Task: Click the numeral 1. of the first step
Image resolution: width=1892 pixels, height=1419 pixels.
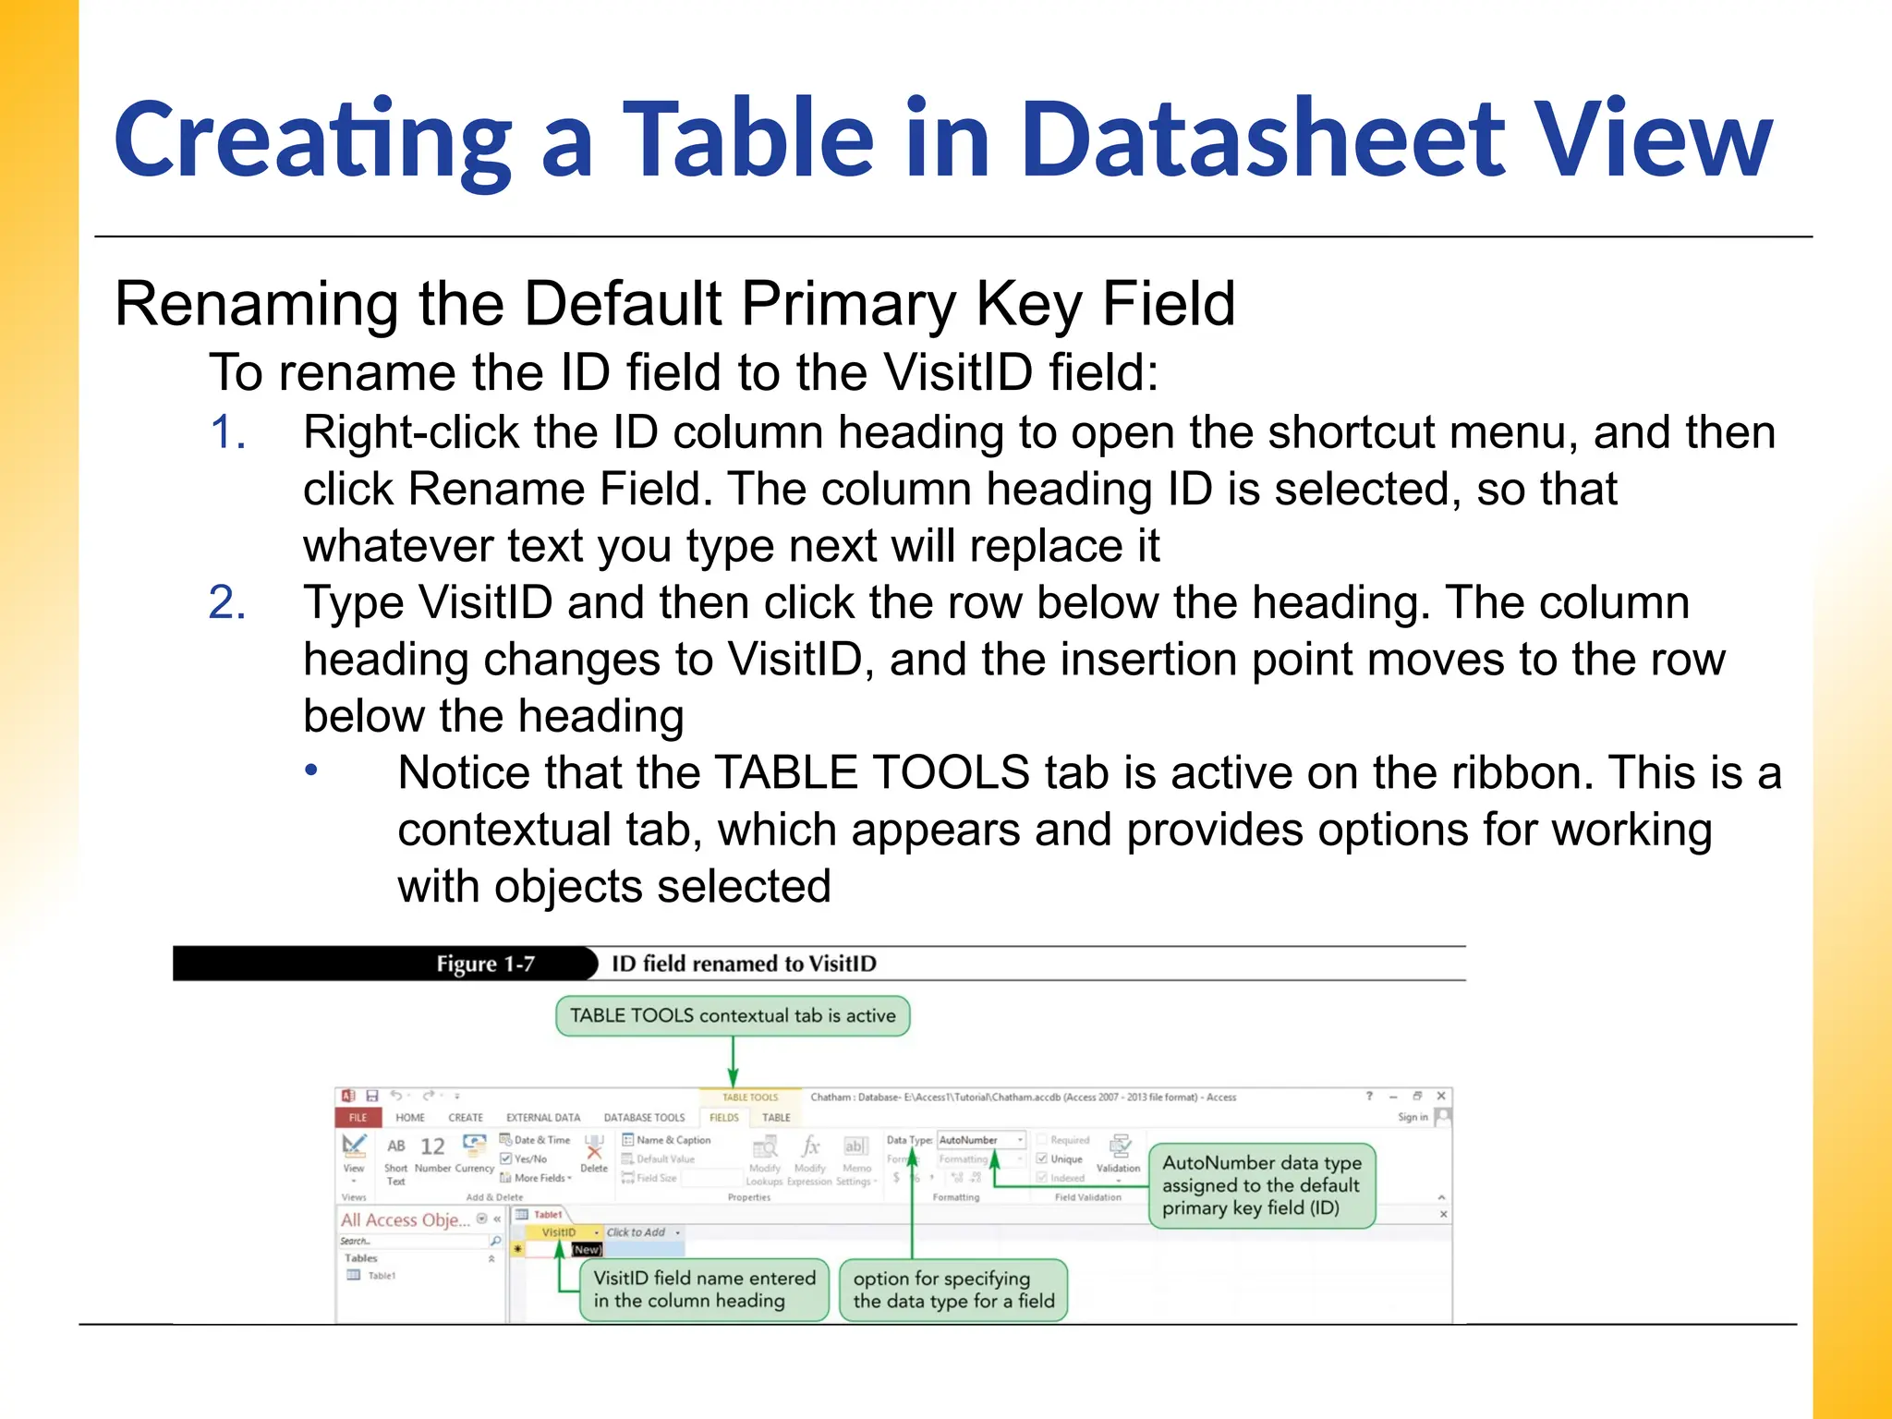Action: pyautogui.click(x=227, y=432)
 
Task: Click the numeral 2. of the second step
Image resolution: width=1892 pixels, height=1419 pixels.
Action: pyautogui.click(x=227, y=602)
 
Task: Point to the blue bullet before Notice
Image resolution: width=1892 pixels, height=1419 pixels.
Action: pyautogui.click(x=312, y=770)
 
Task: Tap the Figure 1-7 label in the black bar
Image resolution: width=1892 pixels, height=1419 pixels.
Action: pyautogui.click(x=485, y=964)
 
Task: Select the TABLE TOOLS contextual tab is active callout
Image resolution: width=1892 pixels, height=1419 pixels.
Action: pyautogui.click(x=733, y=1015)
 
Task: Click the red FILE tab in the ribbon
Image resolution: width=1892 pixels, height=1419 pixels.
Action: pyautogui.click(x=358, y=1117)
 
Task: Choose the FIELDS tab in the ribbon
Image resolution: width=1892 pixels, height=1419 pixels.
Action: pyautogui.click(x=724, y=1117)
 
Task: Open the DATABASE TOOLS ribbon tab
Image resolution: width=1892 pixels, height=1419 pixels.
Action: pyautogui.click(x=644, y=1117)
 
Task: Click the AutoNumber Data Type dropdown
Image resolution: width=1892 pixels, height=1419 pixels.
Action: pyautogui.click(x=981, y=1140)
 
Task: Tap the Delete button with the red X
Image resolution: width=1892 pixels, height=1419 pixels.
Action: pyautogui.click(x=594, y=1155)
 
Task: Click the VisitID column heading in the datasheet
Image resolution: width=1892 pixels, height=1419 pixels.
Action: pyautogui.click(x=559, y=1232)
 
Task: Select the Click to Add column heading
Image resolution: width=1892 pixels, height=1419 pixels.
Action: pyautogui.click(x=637, y=1232)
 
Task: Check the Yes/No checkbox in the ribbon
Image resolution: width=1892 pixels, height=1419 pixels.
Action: pyautogui.click(x=506, y=1158)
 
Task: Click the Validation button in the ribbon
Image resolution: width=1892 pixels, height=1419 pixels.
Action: pyautogui.click(x=1118, y=1155)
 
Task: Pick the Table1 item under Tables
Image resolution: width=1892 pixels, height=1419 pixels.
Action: pyautogui.click(x=381, y=1276)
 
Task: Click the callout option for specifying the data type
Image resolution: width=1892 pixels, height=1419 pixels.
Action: pyautogui.click(x=953, y=1290)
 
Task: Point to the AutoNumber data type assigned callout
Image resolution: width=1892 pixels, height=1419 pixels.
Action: pyautogui.click(x=1262, y=1185)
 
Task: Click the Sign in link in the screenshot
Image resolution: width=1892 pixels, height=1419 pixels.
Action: pyautogui.click(x=1413, y=1117)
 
